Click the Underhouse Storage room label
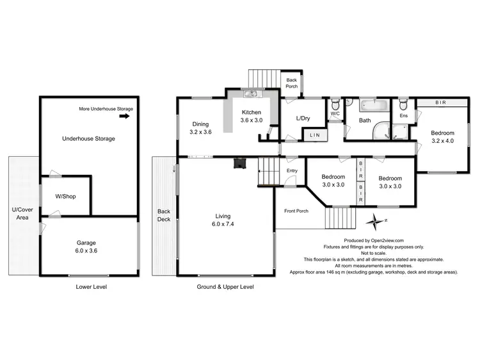click(x=88, y=138)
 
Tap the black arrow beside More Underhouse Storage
click(x=125, y=117)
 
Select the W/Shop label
click(x=65, y=196)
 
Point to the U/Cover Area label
click(x=22, y=213)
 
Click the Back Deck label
click(x=164, y=215)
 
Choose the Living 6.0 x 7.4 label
click(x=223, y=220)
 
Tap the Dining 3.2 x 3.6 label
click(x=200, y=128)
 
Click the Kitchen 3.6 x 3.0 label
click(x=252, y=117)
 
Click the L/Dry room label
click(x=303, y=119)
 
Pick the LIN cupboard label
click(x=314, y=135)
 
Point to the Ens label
click(x=403, y=116)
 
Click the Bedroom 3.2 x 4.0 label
click(x=441, y=136)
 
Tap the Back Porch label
click(x=292, y=82)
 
